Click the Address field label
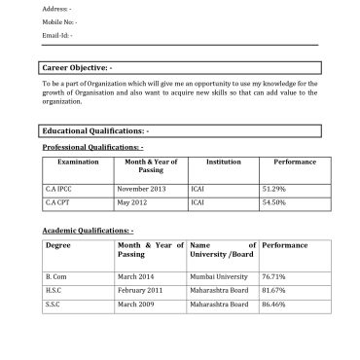click(x=56, y=8)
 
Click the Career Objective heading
click(x=78, y=68)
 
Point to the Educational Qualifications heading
click(x=95, y=130)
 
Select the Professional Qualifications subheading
click(x=92, y=146)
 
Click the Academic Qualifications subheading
click(x=88, y=230)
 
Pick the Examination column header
click(x=79, y=162)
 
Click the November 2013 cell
click(x=140, y=188)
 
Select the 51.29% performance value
click(x=273, y=188)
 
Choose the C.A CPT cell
click(x=58, y=202)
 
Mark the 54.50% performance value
click(x=273, y=202)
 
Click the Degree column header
click(x=58, y=245)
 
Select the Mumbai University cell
click(x=219, y=276)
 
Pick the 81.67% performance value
click(x=274, y=290)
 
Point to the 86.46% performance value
click(x=274, y=305)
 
